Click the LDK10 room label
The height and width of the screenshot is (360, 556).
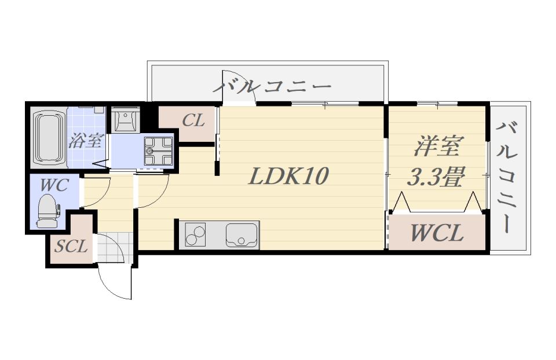tap(288, 176)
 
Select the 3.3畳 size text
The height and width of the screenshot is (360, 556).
tap(436, 176)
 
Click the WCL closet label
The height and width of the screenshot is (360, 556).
tap(437, 233)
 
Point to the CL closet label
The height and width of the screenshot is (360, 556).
tap(193, 120)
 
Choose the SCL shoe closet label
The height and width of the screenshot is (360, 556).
tap(71, 246)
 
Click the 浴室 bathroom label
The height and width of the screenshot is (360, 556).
tap(86, 141)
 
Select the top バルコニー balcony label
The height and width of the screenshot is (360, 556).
tap(272, 86)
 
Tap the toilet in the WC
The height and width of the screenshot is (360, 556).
tap(48, 211)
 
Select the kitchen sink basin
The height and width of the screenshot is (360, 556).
tap(241, 234)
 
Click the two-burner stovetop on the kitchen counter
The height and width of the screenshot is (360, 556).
tap(195, 234)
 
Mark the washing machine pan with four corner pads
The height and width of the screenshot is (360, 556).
tap(158, 151)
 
